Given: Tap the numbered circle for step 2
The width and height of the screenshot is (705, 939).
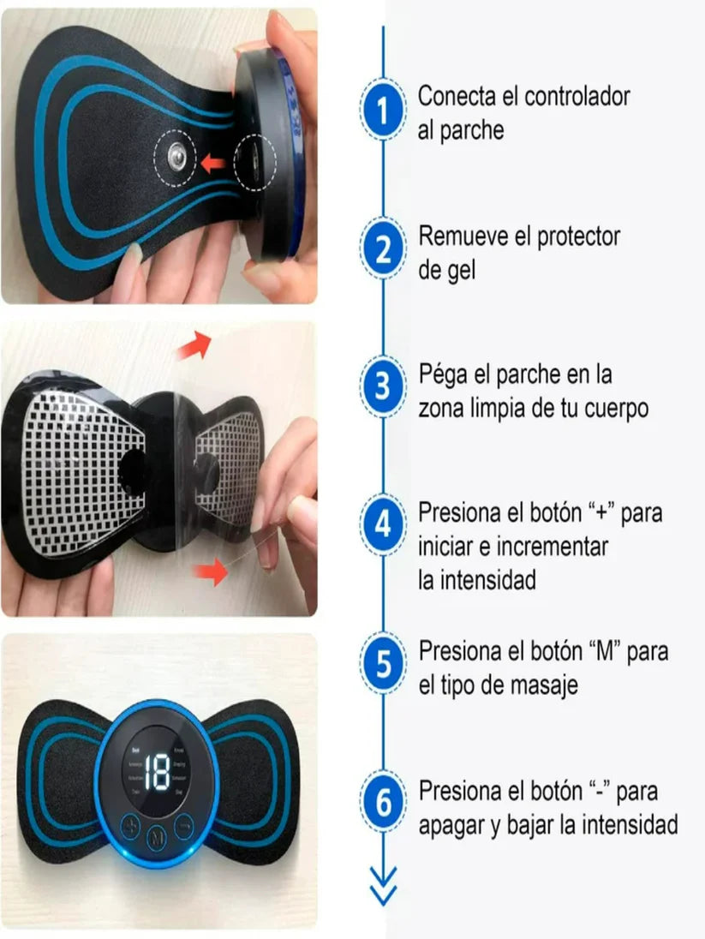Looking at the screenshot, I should click(383, 249).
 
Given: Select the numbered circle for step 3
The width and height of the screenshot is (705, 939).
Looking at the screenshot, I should click(383, 386).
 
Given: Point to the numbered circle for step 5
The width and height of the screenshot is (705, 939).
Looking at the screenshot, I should click(383, 664).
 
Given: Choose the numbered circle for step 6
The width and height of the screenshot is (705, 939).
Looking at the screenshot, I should click(383, 803).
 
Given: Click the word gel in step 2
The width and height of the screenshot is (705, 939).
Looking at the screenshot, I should click(461, 270).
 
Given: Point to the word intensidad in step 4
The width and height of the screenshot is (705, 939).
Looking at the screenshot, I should click(490, 580).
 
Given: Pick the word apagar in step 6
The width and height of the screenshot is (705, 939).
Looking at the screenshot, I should click(457, 826).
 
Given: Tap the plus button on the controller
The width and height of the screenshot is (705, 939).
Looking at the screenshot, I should click(130, 828).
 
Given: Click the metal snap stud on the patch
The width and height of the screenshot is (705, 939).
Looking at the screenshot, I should click(178, 157).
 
